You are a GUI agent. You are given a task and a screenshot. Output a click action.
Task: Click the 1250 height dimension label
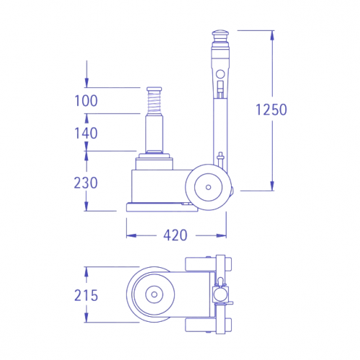tap(271, 109)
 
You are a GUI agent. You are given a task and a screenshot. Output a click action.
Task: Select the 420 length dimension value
tap(175, 235)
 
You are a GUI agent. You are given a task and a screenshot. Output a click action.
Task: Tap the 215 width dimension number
tap(86, 296)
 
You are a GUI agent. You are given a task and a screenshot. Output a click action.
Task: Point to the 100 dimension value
tap(86, 101)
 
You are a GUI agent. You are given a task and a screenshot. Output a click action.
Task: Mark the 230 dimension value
tap(86, 182)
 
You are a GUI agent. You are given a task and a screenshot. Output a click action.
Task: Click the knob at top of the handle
tap(220, 35)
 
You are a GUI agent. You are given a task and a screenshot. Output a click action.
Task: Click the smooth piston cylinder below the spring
tap(155, 133)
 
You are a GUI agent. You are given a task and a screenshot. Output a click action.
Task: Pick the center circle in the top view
tap(153, 295)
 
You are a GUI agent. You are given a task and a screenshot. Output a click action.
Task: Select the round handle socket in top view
tap(220, 295)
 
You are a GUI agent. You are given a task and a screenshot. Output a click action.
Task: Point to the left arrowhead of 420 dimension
tap(129, 235)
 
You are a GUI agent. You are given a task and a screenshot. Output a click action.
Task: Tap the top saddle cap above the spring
tap(155, 89)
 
